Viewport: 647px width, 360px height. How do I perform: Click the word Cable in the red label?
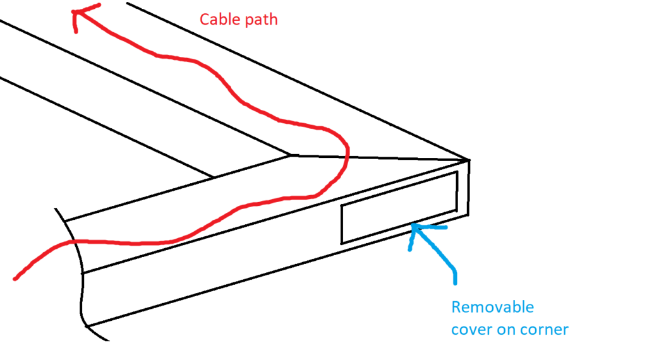(x=217, y=20)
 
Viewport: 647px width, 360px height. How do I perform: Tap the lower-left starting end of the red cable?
(x=15, y=278)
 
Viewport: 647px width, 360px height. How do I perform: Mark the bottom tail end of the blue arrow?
(x=455, y=282)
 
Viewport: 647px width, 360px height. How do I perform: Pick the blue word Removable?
(x=493, y=308)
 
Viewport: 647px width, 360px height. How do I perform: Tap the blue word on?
(x=505, y=329)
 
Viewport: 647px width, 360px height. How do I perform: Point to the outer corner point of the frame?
(x=469, y=159)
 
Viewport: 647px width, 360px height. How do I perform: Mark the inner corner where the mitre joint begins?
(x=290, y=153)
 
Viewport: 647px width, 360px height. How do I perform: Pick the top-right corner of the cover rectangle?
(x=457, y=172)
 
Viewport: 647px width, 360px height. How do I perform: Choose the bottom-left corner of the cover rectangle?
(x=342, y=243)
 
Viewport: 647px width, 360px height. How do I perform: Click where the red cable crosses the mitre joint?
(x=347, y=155)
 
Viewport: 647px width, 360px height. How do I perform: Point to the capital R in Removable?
(x=456, y=308)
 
